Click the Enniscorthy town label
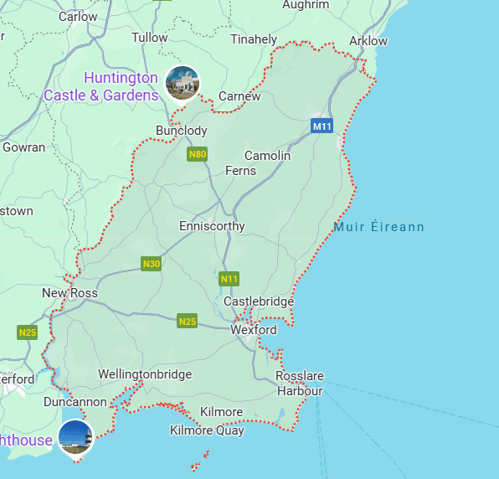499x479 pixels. [x=212, y=226]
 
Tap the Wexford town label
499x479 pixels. [x=253, y=330]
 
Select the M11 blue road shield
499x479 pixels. [x=322, y=126]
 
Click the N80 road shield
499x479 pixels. [x=198, y=154]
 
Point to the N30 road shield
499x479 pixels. [x=151, y=264]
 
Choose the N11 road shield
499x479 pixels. [x=229, y=278]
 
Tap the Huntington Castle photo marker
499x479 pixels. [x=183, y=83]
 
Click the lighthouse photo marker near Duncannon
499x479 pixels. [x=75, y=436]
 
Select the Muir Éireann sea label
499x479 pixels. [x=378, y=227]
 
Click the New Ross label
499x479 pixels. [x=69, y=293]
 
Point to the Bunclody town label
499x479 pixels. [x=181, y=131]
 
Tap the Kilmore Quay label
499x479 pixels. [x=207, y=430]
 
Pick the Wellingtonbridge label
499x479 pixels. [x=145, y=374]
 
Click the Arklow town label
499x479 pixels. [x=368, y=40]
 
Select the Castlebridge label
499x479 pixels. [x=259, y=301]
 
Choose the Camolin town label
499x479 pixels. [x=267, y=156]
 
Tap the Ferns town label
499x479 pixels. [x=240, y=171]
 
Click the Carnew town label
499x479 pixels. [x=239, y=96]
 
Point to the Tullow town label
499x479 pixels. [x=150, y=38]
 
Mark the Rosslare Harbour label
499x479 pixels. [x=300, y=384]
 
